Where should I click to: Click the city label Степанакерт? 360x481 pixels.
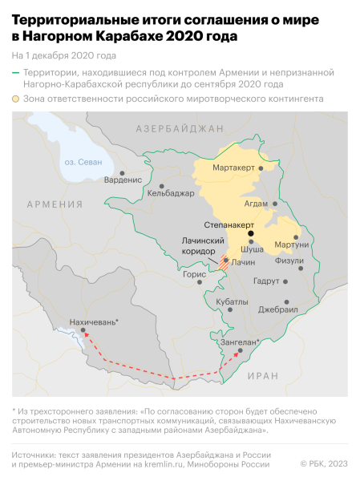tap(229, 224)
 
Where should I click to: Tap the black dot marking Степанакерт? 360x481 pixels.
tap(251, 233)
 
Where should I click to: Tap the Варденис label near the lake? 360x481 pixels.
tap(124, 180)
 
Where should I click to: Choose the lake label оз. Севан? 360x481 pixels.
tap(81, 162)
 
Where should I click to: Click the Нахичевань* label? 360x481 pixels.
tap(95, 321)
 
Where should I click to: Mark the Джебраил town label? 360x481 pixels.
tap(277, 309)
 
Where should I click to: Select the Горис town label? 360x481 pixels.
tap(195, 273)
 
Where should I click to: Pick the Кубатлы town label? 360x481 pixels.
tap(233, 301)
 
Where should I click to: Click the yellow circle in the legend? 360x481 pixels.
tap(17, 99)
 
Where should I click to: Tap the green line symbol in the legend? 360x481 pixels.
tap(17, 72)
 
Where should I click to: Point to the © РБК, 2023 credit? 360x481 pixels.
tap(325, 463)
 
